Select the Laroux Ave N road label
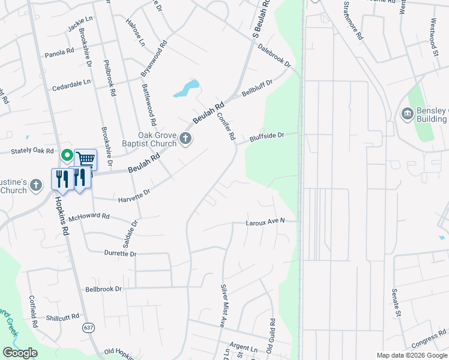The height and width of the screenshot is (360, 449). pyautogui.click(x=265, y=222)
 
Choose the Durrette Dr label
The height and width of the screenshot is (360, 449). pyautogui.click(x=120, y=254)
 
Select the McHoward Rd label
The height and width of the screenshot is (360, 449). pyautogui.click(x=89, y=216)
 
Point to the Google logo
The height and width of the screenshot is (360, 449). pyautogui.click(x=20, y=353)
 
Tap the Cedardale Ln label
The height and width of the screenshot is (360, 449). pyautogui.click(x=71, y=82)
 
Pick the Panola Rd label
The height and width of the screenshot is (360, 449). pyautogui.click(x=59, y=53)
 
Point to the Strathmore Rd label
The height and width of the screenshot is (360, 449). pyautogui.click(x=352, y=21)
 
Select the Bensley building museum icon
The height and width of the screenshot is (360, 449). pyautogui.click(x=407, y=113)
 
